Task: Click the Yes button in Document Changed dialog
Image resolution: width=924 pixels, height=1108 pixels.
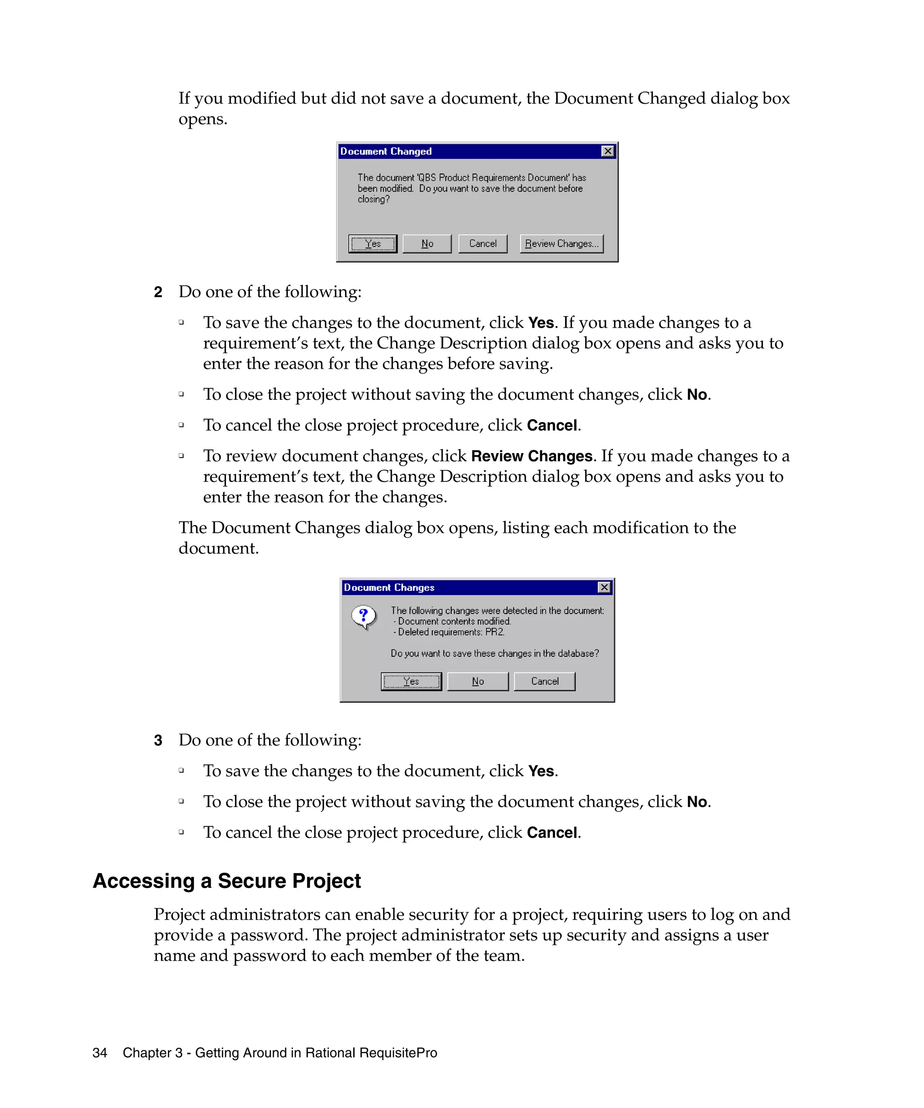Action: pos(372,244)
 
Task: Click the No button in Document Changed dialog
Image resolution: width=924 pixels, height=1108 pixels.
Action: pos(427,244)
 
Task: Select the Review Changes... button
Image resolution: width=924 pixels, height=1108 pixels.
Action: pos(561,244)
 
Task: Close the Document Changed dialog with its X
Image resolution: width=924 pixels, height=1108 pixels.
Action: pos(608,151)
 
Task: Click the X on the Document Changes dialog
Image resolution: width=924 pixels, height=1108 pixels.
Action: pos(604,587)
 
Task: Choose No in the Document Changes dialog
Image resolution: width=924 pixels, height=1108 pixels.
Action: pos(477,681)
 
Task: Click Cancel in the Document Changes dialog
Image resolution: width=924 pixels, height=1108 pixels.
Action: pos(545,681)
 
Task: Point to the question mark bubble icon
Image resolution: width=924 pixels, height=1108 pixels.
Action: pos(364,617)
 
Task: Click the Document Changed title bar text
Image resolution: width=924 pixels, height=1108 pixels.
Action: pos(386,151)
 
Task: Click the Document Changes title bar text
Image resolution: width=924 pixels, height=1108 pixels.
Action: pos(389,587)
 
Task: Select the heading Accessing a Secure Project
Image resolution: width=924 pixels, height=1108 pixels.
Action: pos(226,881)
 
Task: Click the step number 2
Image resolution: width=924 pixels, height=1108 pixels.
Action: pos(158,292)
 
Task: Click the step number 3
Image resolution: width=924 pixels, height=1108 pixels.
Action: pos(158,740)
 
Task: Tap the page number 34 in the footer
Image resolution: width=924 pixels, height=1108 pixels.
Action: pos(100,1053)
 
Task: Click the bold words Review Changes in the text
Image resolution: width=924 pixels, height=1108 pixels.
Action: pos(531,456)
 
